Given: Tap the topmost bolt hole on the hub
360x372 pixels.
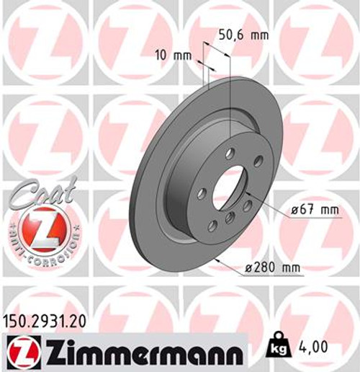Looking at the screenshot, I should (x=228, y=152).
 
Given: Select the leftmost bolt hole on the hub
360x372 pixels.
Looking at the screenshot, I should (x=202, y=192).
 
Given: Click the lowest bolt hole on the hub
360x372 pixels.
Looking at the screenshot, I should (x=213, y=226).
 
